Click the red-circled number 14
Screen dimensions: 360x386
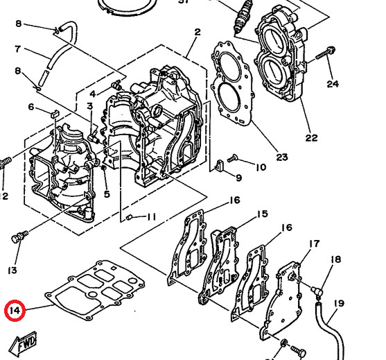click(14, 311)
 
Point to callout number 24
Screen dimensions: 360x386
click(333, 84)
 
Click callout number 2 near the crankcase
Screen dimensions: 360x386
click(198, 32)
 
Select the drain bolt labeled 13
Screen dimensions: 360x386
click(17, 238)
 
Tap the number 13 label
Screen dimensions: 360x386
click(12, 269)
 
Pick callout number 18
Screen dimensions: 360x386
click(336, 259)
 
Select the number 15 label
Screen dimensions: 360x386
click(262, 214)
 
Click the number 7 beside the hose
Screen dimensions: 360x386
click(18, 49)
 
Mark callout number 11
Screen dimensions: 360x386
click(151, 217)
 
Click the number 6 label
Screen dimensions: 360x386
click(31, 106)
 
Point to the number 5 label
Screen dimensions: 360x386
click(107, 194)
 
